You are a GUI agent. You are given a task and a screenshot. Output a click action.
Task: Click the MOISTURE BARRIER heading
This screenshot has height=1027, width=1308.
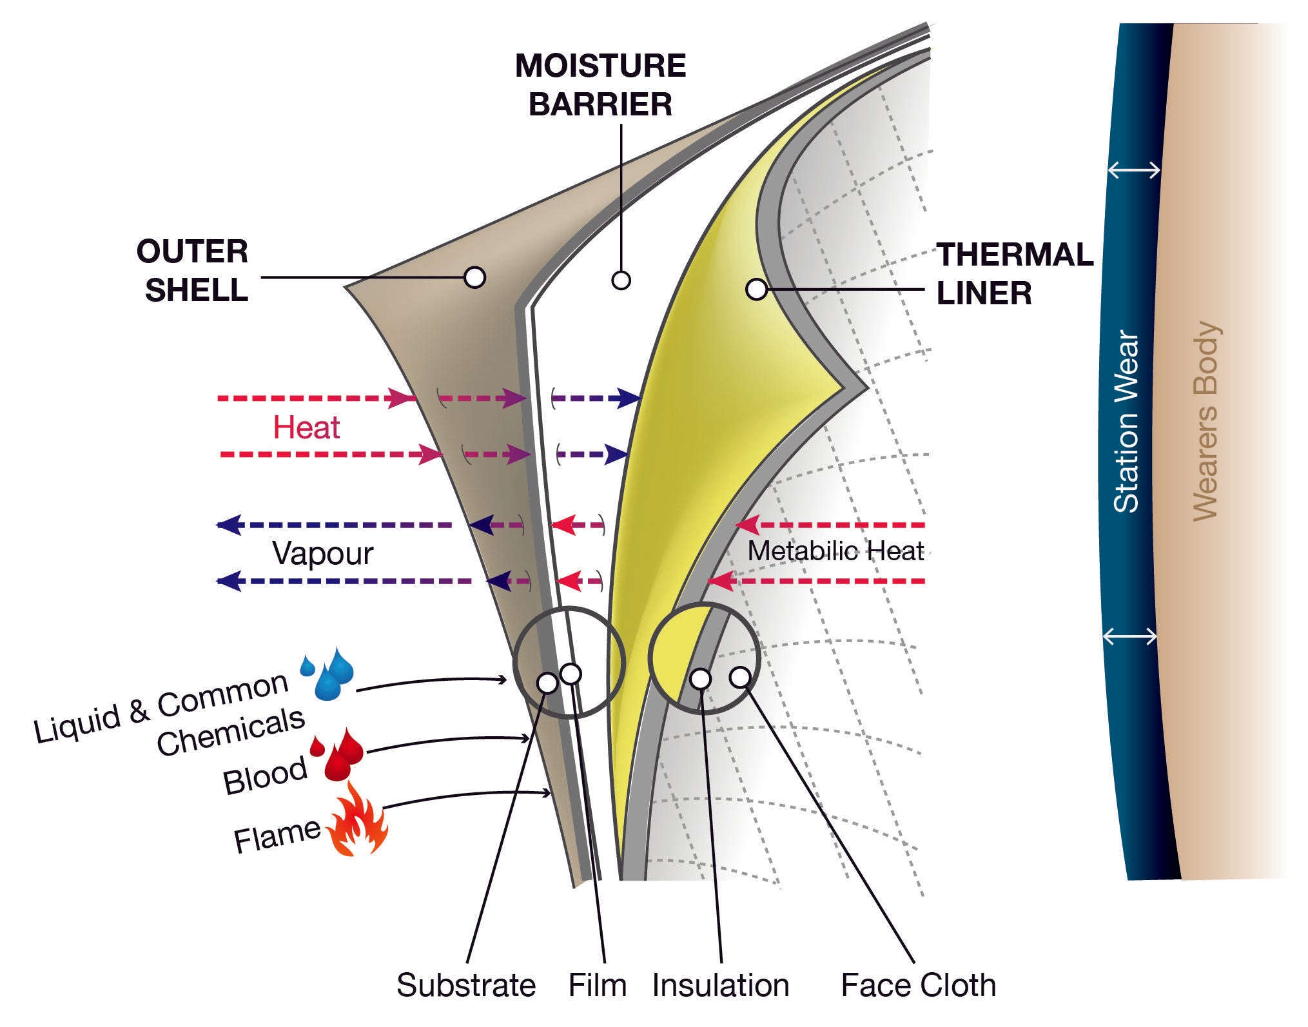[600, 85]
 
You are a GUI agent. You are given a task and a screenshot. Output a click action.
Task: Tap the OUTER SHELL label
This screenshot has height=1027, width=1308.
[193, 270]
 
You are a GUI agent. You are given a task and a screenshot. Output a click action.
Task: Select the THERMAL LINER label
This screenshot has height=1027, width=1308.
[1014, 273]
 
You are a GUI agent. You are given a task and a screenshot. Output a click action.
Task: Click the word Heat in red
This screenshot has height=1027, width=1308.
[306, 427]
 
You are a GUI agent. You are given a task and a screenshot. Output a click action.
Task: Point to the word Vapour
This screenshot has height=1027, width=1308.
[322, 553]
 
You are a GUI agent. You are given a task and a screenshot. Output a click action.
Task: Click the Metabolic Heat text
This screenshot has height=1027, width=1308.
[835, 551]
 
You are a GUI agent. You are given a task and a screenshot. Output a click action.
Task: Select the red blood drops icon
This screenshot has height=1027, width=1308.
[338, 754]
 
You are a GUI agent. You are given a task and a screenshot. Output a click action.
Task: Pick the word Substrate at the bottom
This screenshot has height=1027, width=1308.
[465, 985]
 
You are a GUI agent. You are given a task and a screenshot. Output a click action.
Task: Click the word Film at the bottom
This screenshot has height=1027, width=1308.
[597, 985]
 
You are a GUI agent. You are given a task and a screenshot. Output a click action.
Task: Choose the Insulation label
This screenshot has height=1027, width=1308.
[720, 985]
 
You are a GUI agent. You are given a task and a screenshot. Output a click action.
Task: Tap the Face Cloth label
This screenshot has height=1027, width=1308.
[918, 985]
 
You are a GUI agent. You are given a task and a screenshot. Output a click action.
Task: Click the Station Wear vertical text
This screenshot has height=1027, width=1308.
[1126, 422]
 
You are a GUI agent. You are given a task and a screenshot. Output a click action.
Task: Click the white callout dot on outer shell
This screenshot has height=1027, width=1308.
[474, 277]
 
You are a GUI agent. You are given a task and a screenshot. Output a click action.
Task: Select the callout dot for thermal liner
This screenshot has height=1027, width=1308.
[756, 289]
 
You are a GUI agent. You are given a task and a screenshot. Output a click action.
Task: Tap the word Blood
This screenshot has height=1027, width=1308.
[264, 776]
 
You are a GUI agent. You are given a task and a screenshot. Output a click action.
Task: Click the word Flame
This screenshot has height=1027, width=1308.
[277, 837]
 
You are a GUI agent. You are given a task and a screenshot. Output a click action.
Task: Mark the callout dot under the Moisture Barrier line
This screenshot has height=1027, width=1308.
[621, 280]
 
